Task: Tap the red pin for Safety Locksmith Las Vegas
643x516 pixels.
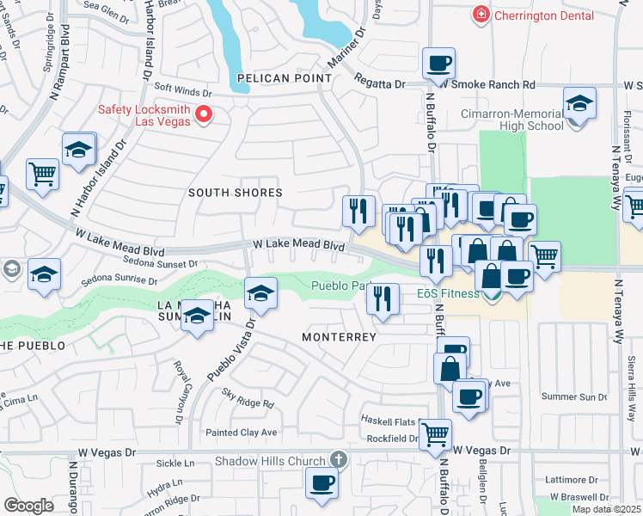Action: pos(204,114)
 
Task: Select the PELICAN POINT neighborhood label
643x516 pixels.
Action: pos(285,78)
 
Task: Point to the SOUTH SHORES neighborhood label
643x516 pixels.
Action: pos(236,193)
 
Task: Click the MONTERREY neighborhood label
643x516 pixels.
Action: pos(339,337)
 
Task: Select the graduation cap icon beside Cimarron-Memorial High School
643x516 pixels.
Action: pos(580,104)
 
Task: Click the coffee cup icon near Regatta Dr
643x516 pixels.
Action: pos(438,63)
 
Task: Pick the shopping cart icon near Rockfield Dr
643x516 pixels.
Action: pos(435,435)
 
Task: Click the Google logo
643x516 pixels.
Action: pos(28,506)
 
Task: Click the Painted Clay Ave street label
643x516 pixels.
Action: pos(241,432)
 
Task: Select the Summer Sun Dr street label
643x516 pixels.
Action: pos(575,396)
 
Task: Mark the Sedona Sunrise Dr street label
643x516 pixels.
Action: pos(119,280)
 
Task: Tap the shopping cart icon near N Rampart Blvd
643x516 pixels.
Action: pos(41,175)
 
